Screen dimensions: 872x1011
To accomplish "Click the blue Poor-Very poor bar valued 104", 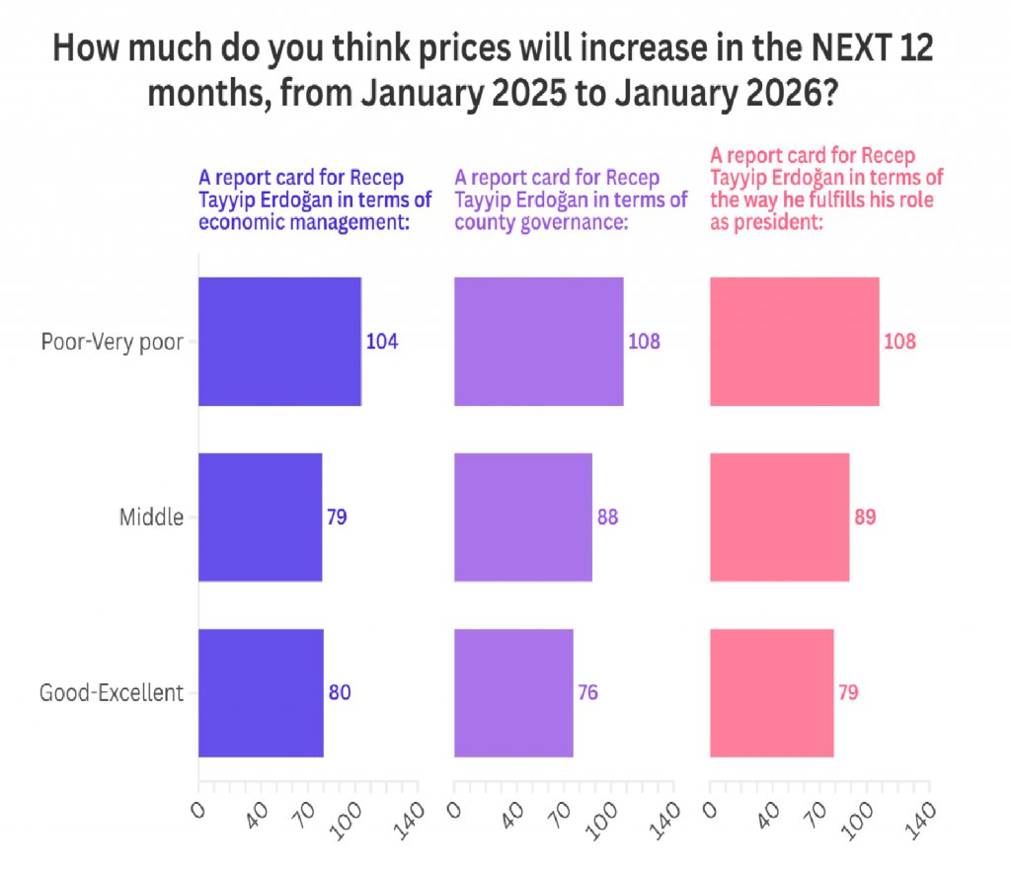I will tap(279, 342).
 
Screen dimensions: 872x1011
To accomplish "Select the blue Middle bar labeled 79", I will tap(261, 516).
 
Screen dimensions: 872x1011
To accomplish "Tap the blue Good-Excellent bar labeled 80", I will tap(261, 692).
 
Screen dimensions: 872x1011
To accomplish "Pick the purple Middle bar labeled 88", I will tap(522, 516).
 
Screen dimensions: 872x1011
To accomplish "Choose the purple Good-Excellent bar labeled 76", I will tap(513, 692).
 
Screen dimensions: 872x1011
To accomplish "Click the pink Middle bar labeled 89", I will tap(779, 516).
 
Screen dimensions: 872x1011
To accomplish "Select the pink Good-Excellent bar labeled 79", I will tap(771, 692).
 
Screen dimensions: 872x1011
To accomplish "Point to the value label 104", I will tap(382, 342).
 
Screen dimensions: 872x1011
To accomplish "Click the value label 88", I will tap(607, 516).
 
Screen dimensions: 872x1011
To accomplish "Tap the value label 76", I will tap(587, 692).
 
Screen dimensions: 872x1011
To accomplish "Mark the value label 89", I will tap(865, 516).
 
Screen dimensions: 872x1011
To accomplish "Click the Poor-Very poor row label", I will tap(112, 342).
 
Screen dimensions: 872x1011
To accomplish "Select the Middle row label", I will tap(151, 516).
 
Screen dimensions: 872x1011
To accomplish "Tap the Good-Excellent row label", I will tap(112, 692).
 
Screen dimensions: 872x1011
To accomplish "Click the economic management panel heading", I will tap(315, 200).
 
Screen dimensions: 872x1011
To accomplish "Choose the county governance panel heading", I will tap(571, 200).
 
